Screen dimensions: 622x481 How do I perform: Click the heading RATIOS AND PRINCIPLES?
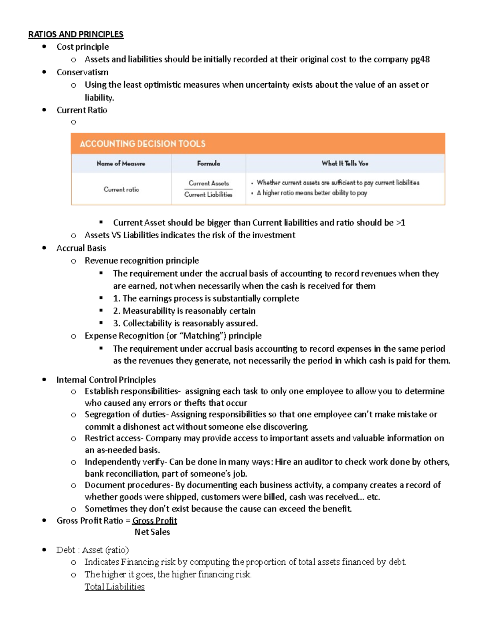coord(76,34)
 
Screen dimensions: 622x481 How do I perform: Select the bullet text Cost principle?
coord(83,47)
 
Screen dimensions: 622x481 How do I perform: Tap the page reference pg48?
coord(420,59)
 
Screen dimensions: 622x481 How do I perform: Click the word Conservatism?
coord(82,72)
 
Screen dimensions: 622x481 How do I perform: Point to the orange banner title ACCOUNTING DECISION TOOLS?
coord(142,144)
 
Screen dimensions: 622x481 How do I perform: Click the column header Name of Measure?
coord(121,163)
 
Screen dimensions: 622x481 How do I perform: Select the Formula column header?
coord(208,163)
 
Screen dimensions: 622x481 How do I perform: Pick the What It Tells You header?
coord(345,163)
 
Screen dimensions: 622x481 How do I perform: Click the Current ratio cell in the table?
coord(121,189)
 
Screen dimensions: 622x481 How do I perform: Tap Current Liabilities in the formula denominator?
coord(208,195)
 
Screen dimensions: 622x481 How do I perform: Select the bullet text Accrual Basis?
coord(81,248)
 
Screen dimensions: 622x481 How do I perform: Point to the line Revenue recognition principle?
coord(141,261)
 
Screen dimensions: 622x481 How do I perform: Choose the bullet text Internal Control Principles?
coord(106,380)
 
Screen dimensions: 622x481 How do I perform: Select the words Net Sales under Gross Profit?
coord(152,532)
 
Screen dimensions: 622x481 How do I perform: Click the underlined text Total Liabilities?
coord(115,587)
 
